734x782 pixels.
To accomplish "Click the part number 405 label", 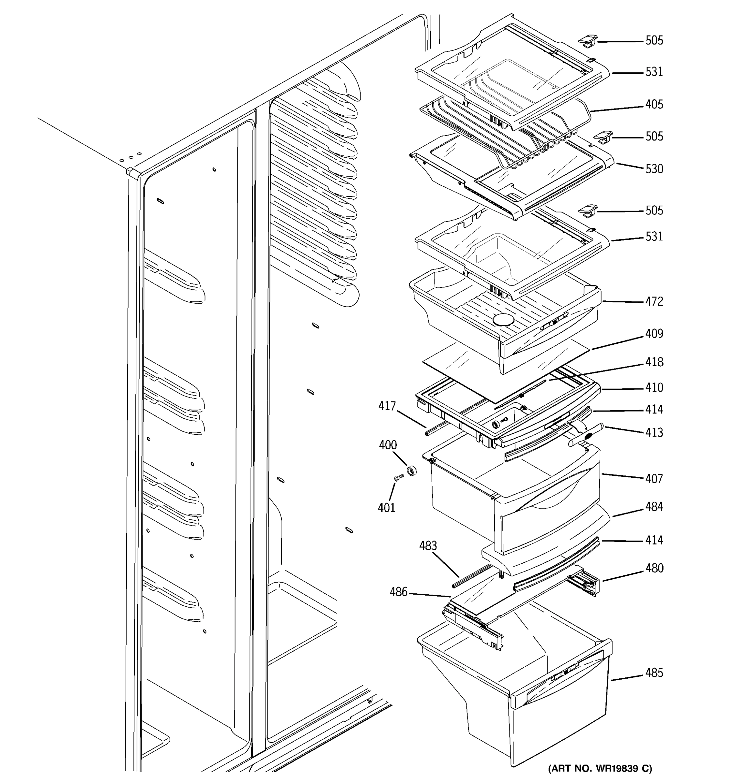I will (654, 105).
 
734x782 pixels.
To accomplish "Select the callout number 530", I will (654, 169).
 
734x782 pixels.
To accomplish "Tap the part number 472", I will (654, 302).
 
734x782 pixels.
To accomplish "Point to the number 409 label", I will (654, 334).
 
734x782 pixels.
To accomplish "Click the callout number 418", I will (654, 362).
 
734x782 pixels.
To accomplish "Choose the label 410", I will (654, 388).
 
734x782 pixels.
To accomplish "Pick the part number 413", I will (654, 433).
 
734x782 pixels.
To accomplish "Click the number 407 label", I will (654, 479).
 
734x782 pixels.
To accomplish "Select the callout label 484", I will (654, 507).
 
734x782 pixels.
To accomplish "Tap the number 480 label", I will (654, 568).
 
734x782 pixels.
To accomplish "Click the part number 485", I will (654, 673).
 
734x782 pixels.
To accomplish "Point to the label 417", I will (387, 406).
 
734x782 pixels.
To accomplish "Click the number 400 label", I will (388, 445).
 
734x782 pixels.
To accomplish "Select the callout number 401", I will (386, 508).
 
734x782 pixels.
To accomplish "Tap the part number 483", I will (428, 546).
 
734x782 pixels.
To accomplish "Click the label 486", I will (399, 592).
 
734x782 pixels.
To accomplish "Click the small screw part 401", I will (399, 478).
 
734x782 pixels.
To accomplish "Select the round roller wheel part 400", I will (411, 470).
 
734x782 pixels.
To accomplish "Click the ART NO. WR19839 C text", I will (600, 768).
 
